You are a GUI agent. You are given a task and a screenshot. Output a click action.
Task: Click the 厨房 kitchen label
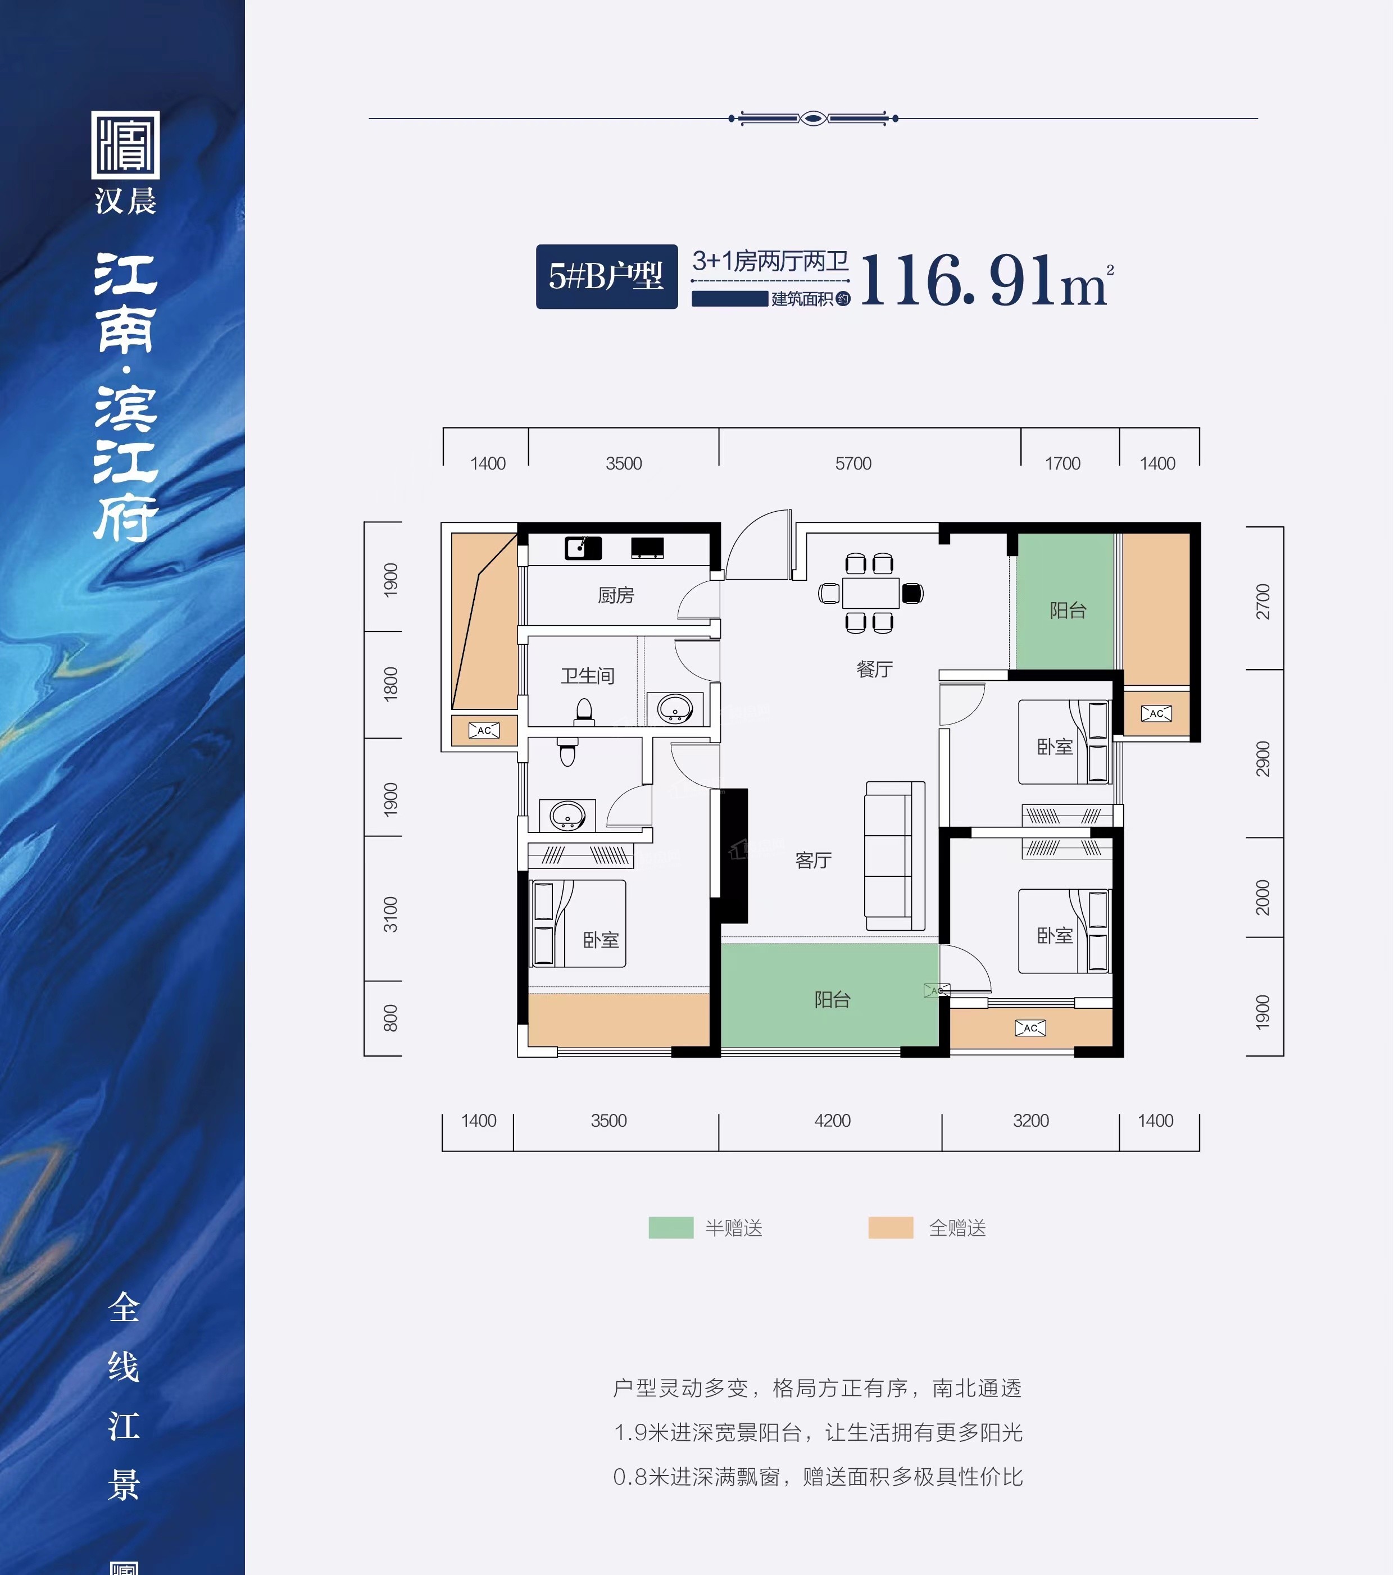pyautogui.click(x=616, y=595)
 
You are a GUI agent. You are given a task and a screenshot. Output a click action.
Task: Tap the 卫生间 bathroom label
pyautogui.click(x=587, y=676)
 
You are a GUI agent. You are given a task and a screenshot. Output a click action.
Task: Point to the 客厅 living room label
pyautogui.click(x=813, y=860)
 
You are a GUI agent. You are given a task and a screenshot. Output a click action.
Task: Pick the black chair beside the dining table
pyautogui.click(x=912, y=593)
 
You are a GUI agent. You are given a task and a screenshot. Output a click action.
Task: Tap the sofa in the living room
pyautogui.click(x=894, y=855)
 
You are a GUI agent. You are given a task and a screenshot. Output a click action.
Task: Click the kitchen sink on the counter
pyautogui.click(x=583, y=548)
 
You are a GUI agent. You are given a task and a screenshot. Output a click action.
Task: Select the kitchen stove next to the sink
pyautogui.click(x=647, y=548)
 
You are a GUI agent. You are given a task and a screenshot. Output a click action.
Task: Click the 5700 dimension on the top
pyautogui.click(x=853, y=463)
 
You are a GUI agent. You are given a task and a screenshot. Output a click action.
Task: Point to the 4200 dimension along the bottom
pyautogui.click(x=832, y=1121)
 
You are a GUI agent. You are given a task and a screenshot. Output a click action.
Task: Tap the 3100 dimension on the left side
pyautogui.click(x=390, y=914)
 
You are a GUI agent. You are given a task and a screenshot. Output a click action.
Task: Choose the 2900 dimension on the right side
pyautogui.click(x=1262, y=758)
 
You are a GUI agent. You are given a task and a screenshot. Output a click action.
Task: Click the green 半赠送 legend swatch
pyautogui.click(x=670, y=1227)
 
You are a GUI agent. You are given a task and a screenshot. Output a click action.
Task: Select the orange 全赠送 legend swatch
pyautogui.click(x=890, y=1227)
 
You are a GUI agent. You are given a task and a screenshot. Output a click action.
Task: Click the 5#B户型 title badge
pyautogui.click(x=606, y=276)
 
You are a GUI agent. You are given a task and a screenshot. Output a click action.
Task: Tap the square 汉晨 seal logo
pyautogui.click(x=126, y=145)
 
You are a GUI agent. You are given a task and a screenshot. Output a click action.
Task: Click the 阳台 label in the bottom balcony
pyautogui.click(x=832, y=999)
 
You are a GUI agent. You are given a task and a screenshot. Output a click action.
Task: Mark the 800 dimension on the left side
pyautogui.click(x=390, y=1018)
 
